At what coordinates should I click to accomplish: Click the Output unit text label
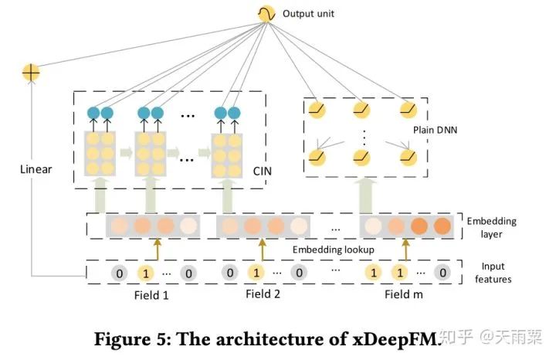pos(308,13)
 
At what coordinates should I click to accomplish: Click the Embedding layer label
pos(492,228)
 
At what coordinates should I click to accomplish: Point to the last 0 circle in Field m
pos(442,273)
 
